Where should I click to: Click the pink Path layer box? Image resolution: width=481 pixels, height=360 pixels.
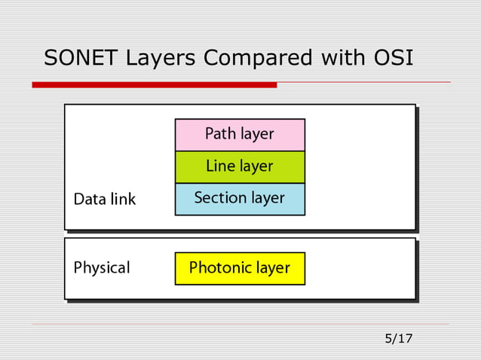click(240, 135)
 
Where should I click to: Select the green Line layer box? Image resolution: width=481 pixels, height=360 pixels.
click(240, 166)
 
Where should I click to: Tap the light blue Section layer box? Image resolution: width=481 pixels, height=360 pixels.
click(240, 199)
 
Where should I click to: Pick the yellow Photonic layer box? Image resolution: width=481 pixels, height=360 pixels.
click(240, 268)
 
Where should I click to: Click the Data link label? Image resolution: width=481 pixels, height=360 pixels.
click(105, 200)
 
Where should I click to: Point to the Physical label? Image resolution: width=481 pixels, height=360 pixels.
click(102, 267)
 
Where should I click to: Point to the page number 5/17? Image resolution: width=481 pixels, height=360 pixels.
click(399, 338)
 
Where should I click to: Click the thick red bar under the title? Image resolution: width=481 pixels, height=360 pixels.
click(154, 85)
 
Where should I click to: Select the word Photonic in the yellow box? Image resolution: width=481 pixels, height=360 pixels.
click(219, 268)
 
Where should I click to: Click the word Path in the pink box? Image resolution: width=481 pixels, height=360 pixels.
click(221, 134)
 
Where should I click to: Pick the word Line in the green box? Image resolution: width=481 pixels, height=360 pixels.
click(221, 166)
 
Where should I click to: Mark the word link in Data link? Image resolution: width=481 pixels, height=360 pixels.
click(123, 200)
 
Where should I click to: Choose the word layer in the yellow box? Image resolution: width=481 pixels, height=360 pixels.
click(271, 268)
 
